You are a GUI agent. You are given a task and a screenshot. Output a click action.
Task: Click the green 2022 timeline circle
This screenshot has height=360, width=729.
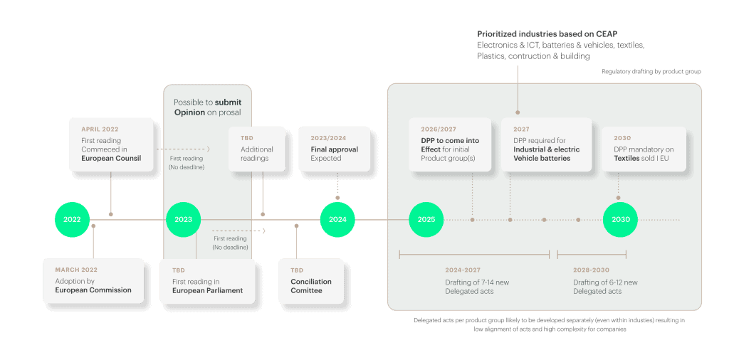(72, 219)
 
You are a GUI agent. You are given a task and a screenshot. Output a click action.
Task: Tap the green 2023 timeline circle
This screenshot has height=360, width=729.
(183, 219)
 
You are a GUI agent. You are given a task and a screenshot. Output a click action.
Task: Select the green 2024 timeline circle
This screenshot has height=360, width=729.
(337, 219)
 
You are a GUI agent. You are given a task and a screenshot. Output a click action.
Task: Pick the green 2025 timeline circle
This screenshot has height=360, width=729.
(426, 219)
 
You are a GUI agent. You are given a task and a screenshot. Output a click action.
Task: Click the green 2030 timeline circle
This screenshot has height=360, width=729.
(621, 219)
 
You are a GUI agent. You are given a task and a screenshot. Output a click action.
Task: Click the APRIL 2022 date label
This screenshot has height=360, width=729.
(99, 130)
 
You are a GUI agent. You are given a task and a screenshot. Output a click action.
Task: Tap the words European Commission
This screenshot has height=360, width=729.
(93, 290)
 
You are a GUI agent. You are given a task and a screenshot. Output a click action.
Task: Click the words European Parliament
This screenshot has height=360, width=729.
(207, 290)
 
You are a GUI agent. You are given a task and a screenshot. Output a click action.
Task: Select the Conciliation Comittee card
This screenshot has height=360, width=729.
(311, 281)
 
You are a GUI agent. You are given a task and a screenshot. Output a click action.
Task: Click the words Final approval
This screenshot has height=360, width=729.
(334, 149)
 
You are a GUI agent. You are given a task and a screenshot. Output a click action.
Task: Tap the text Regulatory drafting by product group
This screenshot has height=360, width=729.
(651, 71)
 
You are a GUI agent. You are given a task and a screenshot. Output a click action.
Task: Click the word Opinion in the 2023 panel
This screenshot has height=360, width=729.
(190, 112)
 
